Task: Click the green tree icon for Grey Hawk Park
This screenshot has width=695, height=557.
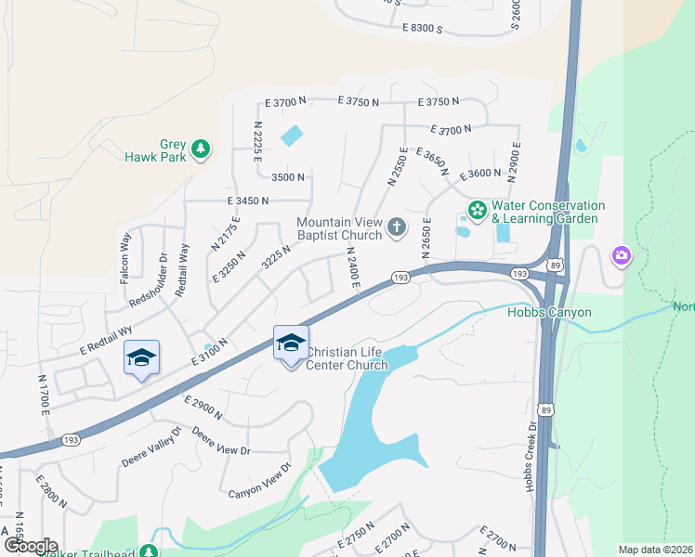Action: pos(199,149)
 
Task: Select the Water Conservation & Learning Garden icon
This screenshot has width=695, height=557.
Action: pos(478,211)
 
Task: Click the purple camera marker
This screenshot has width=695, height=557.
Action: pos(621,255)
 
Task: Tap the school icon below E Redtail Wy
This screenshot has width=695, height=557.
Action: pos(141,358)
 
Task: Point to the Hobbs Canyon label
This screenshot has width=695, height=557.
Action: pos(549,312)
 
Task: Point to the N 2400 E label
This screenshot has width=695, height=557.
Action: pos(352,266)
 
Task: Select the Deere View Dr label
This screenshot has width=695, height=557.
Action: pos(221,441)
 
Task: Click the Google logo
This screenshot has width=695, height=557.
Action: pos(31,546)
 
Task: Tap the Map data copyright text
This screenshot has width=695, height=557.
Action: pos(655,550)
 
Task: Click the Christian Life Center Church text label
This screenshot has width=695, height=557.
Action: pos(347,358)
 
